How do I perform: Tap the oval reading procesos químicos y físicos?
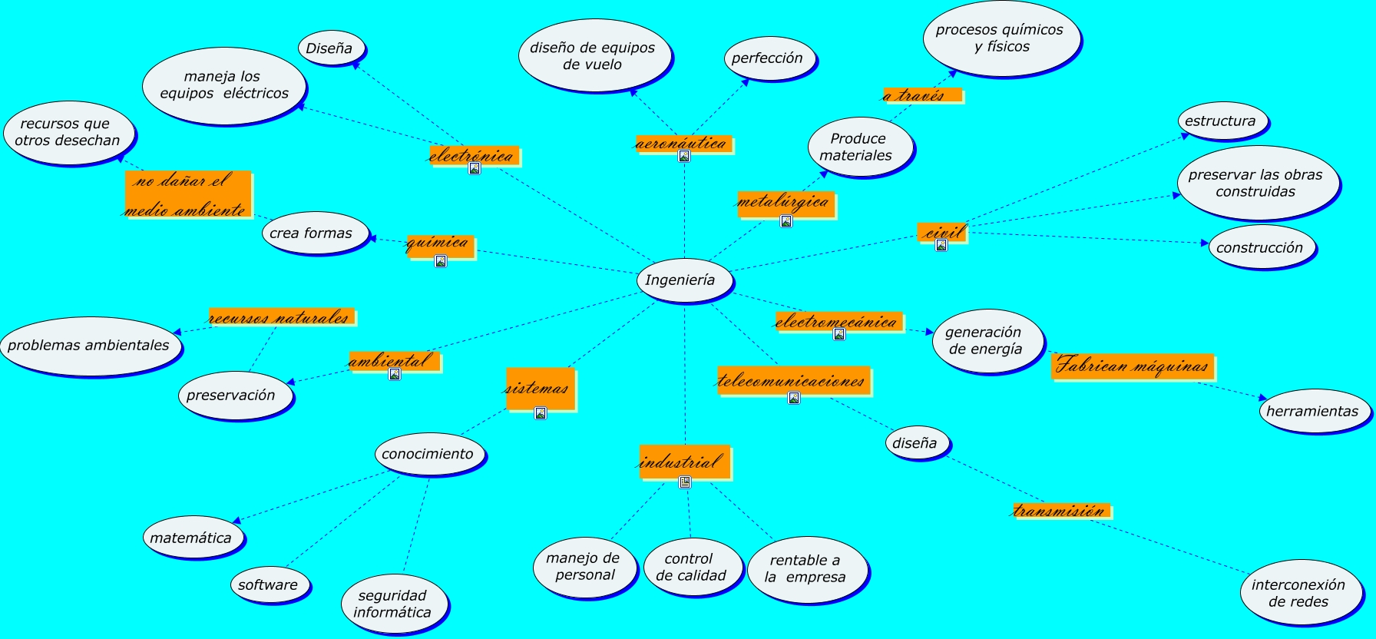tap(1000, 38)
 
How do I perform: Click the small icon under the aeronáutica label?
tap(684, 156)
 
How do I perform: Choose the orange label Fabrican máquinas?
tap(1132, 366)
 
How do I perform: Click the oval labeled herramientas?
tap(1312, 411)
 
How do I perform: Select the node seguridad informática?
tap(393, 604)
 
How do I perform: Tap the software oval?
tap(269, 584)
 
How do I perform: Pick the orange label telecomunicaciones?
tap(792, 380)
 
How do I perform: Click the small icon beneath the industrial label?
tap(685, 482)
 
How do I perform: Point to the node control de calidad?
tap(691, 567)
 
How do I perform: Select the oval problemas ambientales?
tap(89, 346)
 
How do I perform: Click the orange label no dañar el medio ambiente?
tap(187, 194)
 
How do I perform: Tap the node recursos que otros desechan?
tap(68, 132)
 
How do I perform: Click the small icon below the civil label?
tap(941, 245)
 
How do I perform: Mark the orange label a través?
tap(921, 95)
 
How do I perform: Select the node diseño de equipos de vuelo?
tap(593, 55)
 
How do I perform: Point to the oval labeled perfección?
tap(767, 58)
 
